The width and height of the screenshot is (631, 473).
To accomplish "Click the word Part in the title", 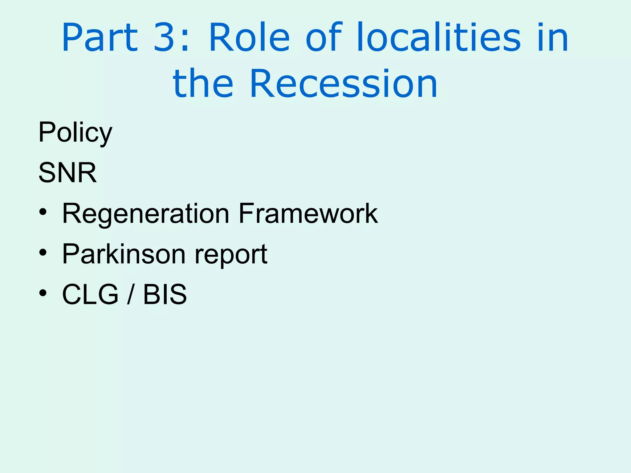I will [100, 38].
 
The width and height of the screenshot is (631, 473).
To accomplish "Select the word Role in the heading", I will [249, 38].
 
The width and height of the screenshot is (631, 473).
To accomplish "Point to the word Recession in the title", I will [344, 84].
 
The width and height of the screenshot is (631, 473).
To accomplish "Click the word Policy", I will [75, 133].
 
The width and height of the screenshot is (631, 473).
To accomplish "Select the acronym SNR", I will [67, 173].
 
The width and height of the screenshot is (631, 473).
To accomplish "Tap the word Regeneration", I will [146, 214].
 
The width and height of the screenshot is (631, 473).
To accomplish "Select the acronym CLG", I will [90, 294].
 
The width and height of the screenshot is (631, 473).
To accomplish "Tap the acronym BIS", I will [165, 294].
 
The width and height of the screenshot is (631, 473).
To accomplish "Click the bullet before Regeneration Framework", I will [43, 212].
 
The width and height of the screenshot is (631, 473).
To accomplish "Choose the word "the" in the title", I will [203, 84].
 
